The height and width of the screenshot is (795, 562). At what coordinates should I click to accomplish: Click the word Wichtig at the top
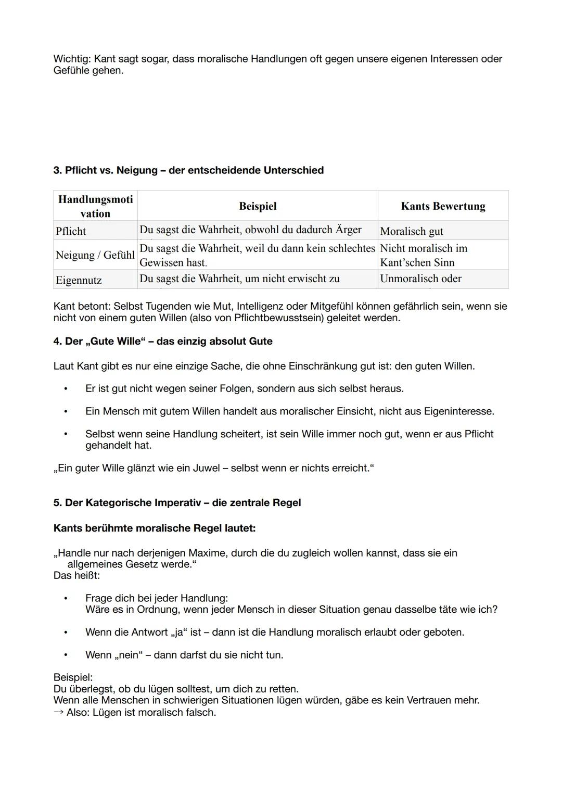[x=71, y=59]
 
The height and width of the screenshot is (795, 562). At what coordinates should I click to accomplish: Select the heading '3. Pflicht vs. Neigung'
[x=188, y=170]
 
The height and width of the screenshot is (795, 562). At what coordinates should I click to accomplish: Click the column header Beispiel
[x=258, y=206]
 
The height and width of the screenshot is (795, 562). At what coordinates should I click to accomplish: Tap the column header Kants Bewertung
[x=443, y=206]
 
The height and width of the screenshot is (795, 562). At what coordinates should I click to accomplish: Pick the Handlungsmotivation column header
[x=95, y=206]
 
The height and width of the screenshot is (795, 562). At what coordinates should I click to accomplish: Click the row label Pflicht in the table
[x=71, y=231]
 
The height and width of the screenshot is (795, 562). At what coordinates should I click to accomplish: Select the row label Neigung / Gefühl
[x=95, y=255]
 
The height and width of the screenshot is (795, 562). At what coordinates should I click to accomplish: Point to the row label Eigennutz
[x=79, y=280]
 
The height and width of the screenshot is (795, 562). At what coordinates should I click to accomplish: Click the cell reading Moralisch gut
[x=412, y=231]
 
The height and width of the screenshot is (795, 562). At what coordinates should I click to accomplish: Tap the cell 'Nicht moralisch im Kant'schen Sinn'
[x=424, y=255]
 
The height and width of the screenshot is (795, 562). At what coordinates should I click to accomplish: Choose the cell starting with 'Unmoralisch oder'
[x=420, y=279]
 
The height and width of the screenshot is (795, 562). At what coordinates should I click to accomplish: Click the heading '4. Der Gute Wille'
[x=163, y=341]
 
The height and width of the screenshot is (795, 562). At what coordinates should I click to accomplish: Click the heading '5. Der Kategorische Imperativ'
[x=177, y=502]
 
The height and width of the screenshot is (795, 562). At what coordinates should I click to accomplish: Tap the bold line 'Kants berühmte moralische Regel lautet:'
[x=155, y=528]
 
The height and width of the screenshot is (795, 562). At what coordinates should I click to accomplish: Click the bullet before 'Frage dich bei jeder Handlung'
[x=66, y=598]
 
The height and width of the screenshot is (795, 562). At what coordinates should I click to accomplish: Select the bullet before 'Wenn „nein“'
[x=66, y=655]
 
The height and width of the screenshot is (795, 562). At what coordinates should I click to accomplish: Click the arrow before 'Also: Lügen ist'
[x=58, y=712]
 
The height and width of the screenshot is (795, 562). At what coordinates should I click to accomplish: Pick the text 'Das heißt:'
[x=76, y=576]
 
